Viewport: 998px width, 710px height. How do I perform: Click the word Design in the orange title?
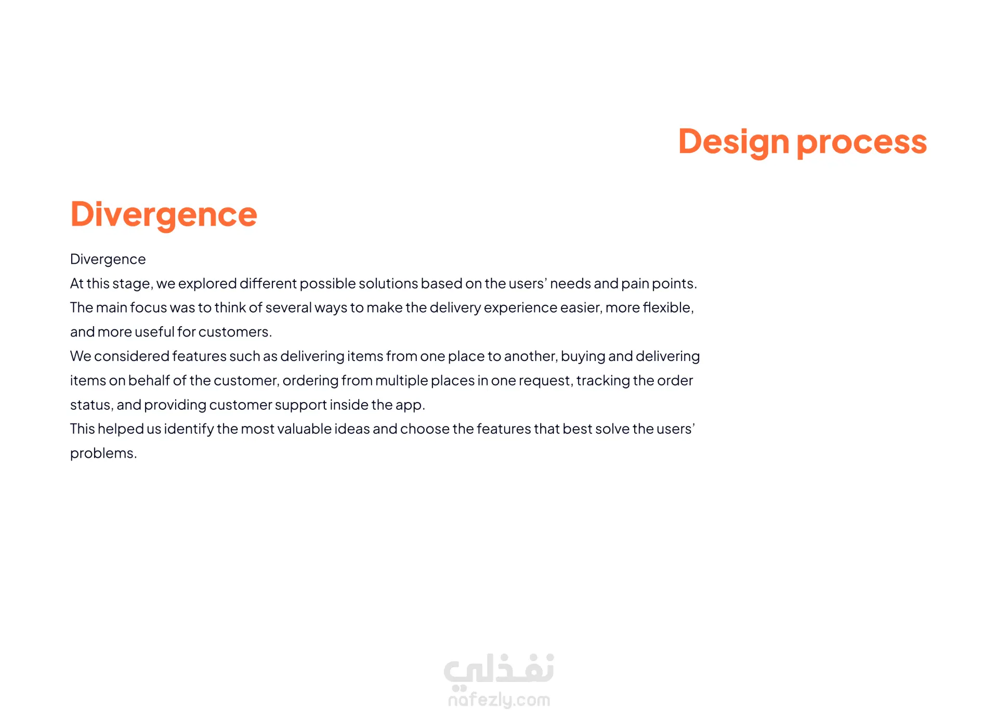[734, 142]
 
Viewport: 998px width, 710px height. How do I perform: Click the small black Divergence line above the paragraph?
[108, 260]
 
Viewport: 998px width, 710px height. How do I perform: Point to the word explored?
[207, 283]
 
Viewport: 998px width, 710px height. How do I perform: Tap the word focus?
[149, 308]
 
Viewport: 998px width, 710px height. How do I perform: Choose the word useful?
[155, 332]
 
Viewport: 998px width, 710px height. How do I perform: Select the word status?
[91, 405]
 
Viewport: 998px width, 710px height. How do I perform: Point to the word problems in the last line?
[103, 454]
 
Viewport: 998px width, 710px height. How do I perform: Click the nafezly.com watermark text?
[499, 700]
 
